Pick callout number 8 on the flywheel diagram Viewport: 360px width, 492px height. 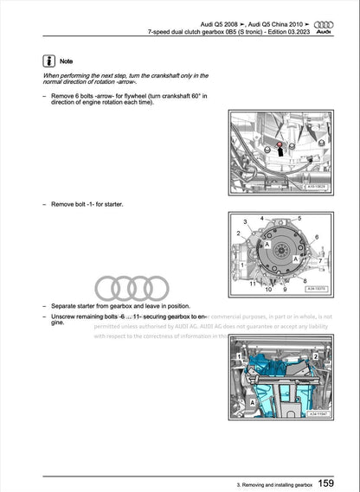coord(304,281)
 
